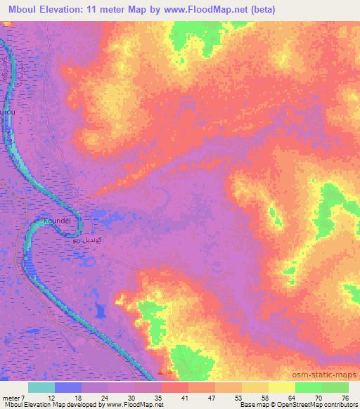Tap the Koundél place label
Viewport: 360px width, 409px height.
[58, 221]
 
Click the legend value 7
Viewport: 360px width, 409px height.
[26, 397]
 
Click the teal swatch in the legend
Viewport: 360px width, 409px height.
[41, 387]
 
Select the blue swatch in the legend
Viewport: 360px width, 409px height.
[68, 387]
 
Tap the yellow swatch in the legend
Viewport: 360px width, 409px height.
[281, 387]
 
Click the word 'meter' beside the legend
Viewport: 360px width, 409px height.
[12, 397]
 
